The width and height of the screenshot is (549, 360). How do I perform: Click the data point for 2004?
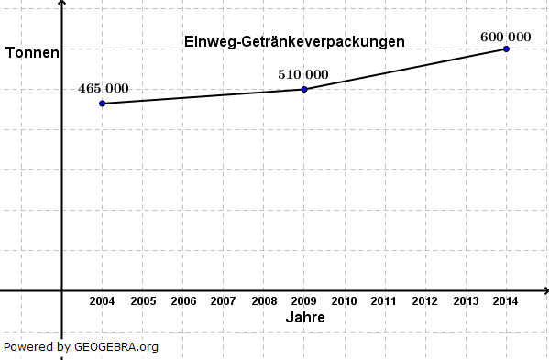102,104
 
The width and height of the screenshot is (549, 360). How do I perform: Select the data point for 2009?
304,89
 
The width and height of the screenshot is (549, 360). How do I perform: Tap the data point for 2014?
506,49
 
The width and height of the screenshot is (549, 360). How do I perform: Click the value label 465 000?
104,89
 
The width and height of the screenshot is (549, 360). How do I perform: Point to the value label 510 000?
303,74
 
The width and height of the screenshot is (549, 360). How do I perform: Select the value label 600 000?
505,37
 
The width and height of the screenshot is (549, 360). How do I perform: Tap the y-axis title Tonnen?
32,53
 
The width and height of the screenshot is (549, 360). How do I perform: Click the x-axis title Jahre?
304,317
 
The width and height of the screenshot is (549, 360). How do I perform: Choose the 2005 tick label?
142,300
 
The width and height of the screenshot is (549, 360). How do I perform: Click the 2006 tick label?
182,300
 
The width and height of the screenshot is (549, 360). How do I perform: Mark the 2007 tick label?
223,300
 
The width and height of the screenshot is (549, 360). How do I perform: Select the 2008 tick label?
264,300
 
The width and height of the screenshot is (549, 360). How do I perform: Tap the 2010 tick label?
345,300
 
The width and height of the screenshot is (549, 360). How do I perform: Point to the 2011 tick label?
385,300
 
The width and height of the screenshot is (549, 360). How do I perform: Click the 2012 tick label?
425,300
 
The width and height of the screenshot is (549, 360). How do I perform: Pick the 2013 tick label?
466,300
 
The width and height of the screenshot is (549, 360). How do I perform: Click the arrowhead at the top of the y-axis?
61,5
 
